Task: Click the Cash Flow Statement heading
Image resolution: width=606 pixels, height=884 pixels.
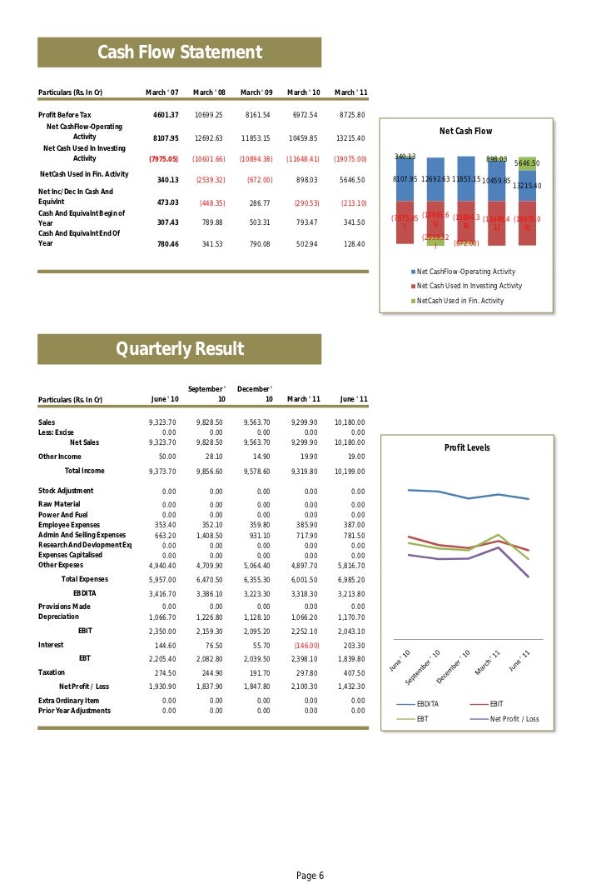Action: [x=180, y=53]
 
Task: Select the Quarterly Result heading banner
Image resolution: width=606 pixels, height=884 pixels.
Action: [x=180, y=348]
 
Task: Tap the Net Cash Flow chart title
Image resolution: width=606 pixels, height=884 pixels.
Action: [x=465, y=131]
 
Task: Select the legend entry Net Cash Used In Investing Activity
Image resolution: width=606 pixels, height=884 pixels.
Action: [x=469, y=286]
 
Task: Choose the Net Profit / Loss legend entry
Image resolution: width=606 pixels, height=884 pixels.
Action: [x=514, y=719]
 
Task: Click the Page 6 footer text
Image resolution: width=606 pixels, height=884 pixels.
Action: [x=310, y=875]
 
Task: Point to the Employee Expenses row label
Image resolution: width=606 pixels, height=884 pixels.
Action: [x=69, y=525]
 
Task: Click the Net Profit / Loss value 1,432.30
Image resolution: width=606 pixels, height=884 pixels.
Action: [x=353, y=686]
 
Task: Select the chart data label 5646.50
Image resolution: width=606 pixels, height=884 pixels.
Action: [x=527, y=164]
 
